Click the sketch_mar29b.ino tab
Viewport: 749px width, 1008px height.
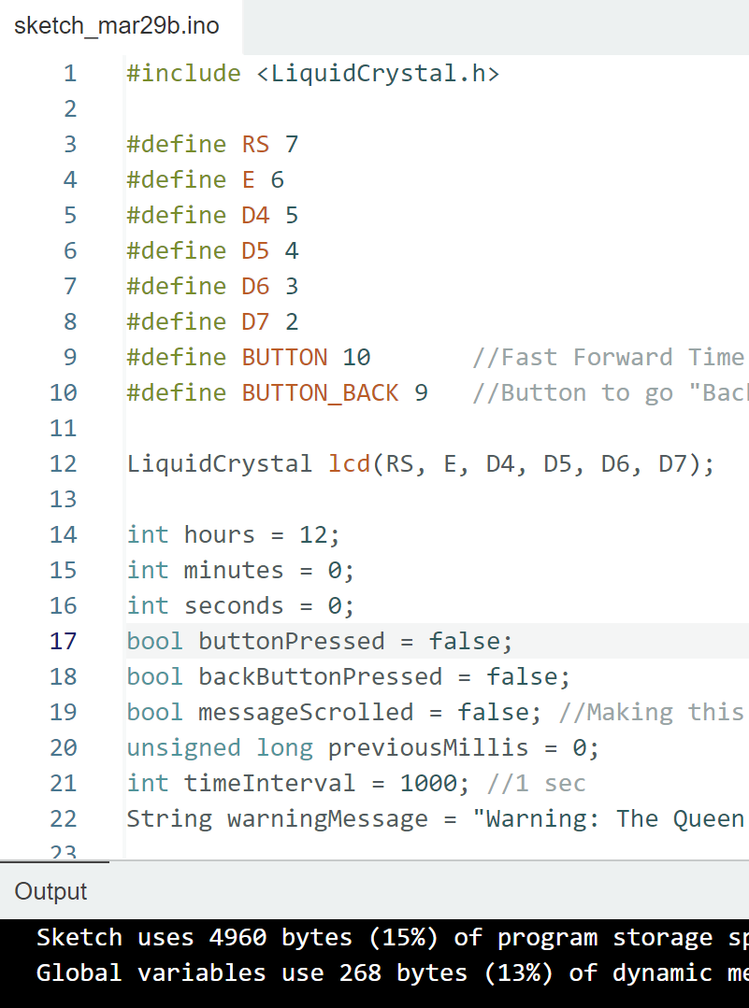point(116,25)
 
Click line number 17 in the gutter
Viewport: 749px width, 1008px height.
point(63,641)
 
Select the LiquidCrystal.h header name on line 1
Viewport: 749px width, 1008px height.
point(378,73)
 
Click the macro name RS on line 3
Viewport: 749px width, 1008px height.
point(255,144)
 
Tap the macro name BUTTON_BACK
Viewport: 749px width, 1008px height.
point(320,392)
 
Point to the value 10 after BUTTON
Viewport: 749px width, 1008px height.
point(356,357)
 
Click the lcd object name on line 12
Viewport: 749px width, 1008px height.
point(349,463)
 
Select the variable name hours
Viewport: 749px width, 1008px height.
point(219,534)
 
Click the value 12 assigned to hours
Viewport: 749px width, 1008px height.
point(312,534)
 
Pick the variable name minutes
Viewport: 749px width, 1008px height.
point(233,570)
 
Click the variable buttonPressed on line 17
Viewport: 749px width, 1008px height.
point(291,641)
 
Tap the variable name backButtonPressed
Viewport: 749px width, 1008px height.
point(320,676)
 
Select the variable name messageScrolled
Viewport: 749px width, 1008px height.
point(305,712)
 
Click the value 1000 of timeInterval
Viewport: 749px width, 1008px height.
point(428,783)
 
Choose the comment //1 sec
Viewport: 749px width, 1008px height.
point(536,783)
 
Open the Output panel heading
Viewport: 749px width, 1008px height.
point(50,891)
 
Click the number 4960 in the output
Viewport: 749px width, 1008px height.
point(238,937)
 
